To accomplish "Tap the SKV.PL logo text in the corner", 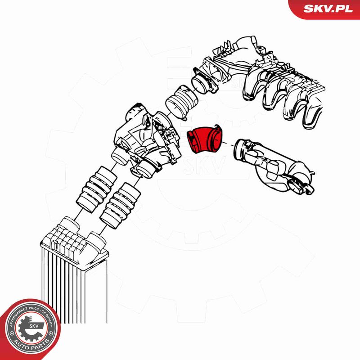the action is pyautogui.click(x=328, y=9).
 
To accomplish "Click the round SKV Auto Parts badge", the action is pyautogui.click(x=30, y=329).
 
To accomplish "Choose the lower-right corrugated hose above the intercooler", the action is pyautogui.click(x=120, y=206).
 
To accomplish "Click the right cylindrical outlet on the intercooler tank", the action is pyautogui.click(x=96, y=241).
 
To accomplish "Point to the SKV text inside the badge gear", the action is pyautogui.click(x=35, y=326).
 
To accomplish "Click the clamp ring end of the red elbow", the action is pyautogui.click(x=216, y=138).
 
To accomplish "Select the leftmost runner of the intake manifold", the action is pyautogui.click(x=252, y=85).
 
